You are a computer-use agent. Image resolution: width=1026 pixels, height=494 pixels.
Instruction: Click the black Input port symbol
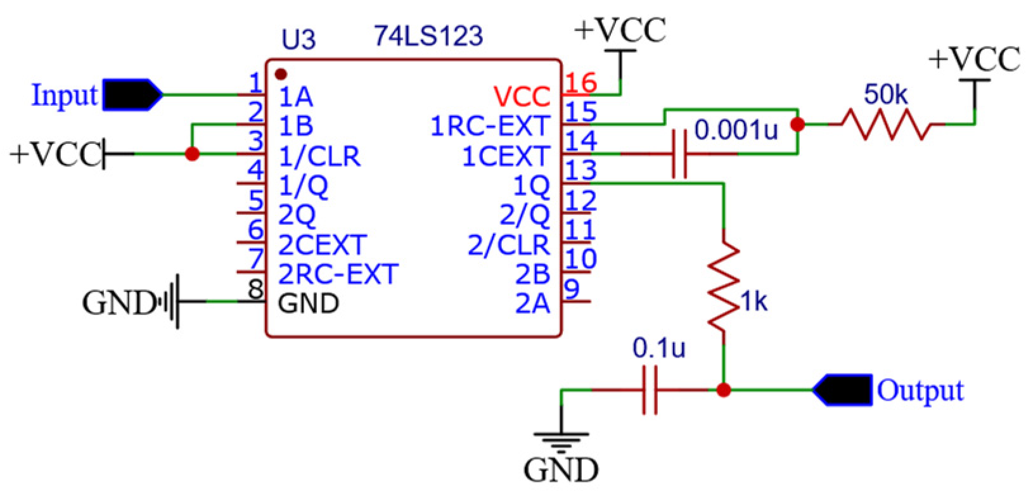tap(132, 96)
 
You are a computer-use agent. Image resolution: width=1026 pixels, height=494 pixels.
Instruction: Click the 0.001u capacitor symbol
tap(679, 153)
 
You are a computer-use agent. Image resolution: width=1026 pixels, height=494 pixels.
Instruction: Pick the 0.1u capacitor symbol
tap(650, 390)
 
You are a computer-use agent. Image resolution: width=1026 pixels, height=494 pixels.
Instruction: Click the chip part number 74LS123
tap(428, 36)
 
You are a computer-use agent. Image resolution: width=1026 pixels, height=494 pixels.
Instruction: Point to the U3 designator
tap(298, 40)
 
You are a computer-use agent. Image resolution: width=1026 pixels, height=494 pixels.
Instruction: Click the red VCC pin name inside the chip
tap(522, 97)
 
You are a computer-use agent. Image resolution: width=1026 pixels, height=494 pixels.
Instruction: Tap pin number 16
tap(580, 83)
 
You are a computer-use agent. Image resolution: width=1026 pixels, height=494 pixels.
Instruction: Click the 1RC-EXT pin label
tap(489, 126)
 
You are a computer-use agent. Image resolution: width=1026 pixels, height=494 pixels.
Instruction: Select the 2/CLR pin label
tap(508, 245)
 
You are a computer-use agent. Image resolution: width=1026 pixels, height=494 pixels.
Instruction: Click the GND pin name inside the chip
tap(308, 303)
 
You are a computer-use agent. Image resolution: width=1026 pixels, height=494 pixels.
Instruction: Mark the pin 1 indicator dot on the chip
tap(281, 75)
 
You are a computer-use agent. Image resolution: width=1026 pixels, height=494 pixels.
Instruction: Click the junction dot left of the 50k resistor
tap(798, 125)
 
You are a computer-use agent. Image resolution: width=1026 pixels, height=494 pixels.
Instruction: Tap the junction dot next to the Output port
tap(724, 390)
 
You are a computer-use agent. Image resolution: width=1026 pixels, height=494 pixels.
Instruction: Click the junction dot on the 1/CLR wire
tap(192, 154)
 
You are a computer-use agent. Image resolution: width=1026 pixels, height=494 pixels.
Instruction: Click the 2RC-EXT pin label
tap(338, 274)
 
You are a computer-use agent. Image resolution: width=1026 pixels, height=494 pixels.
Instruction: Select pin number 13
tap(580, 170)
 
